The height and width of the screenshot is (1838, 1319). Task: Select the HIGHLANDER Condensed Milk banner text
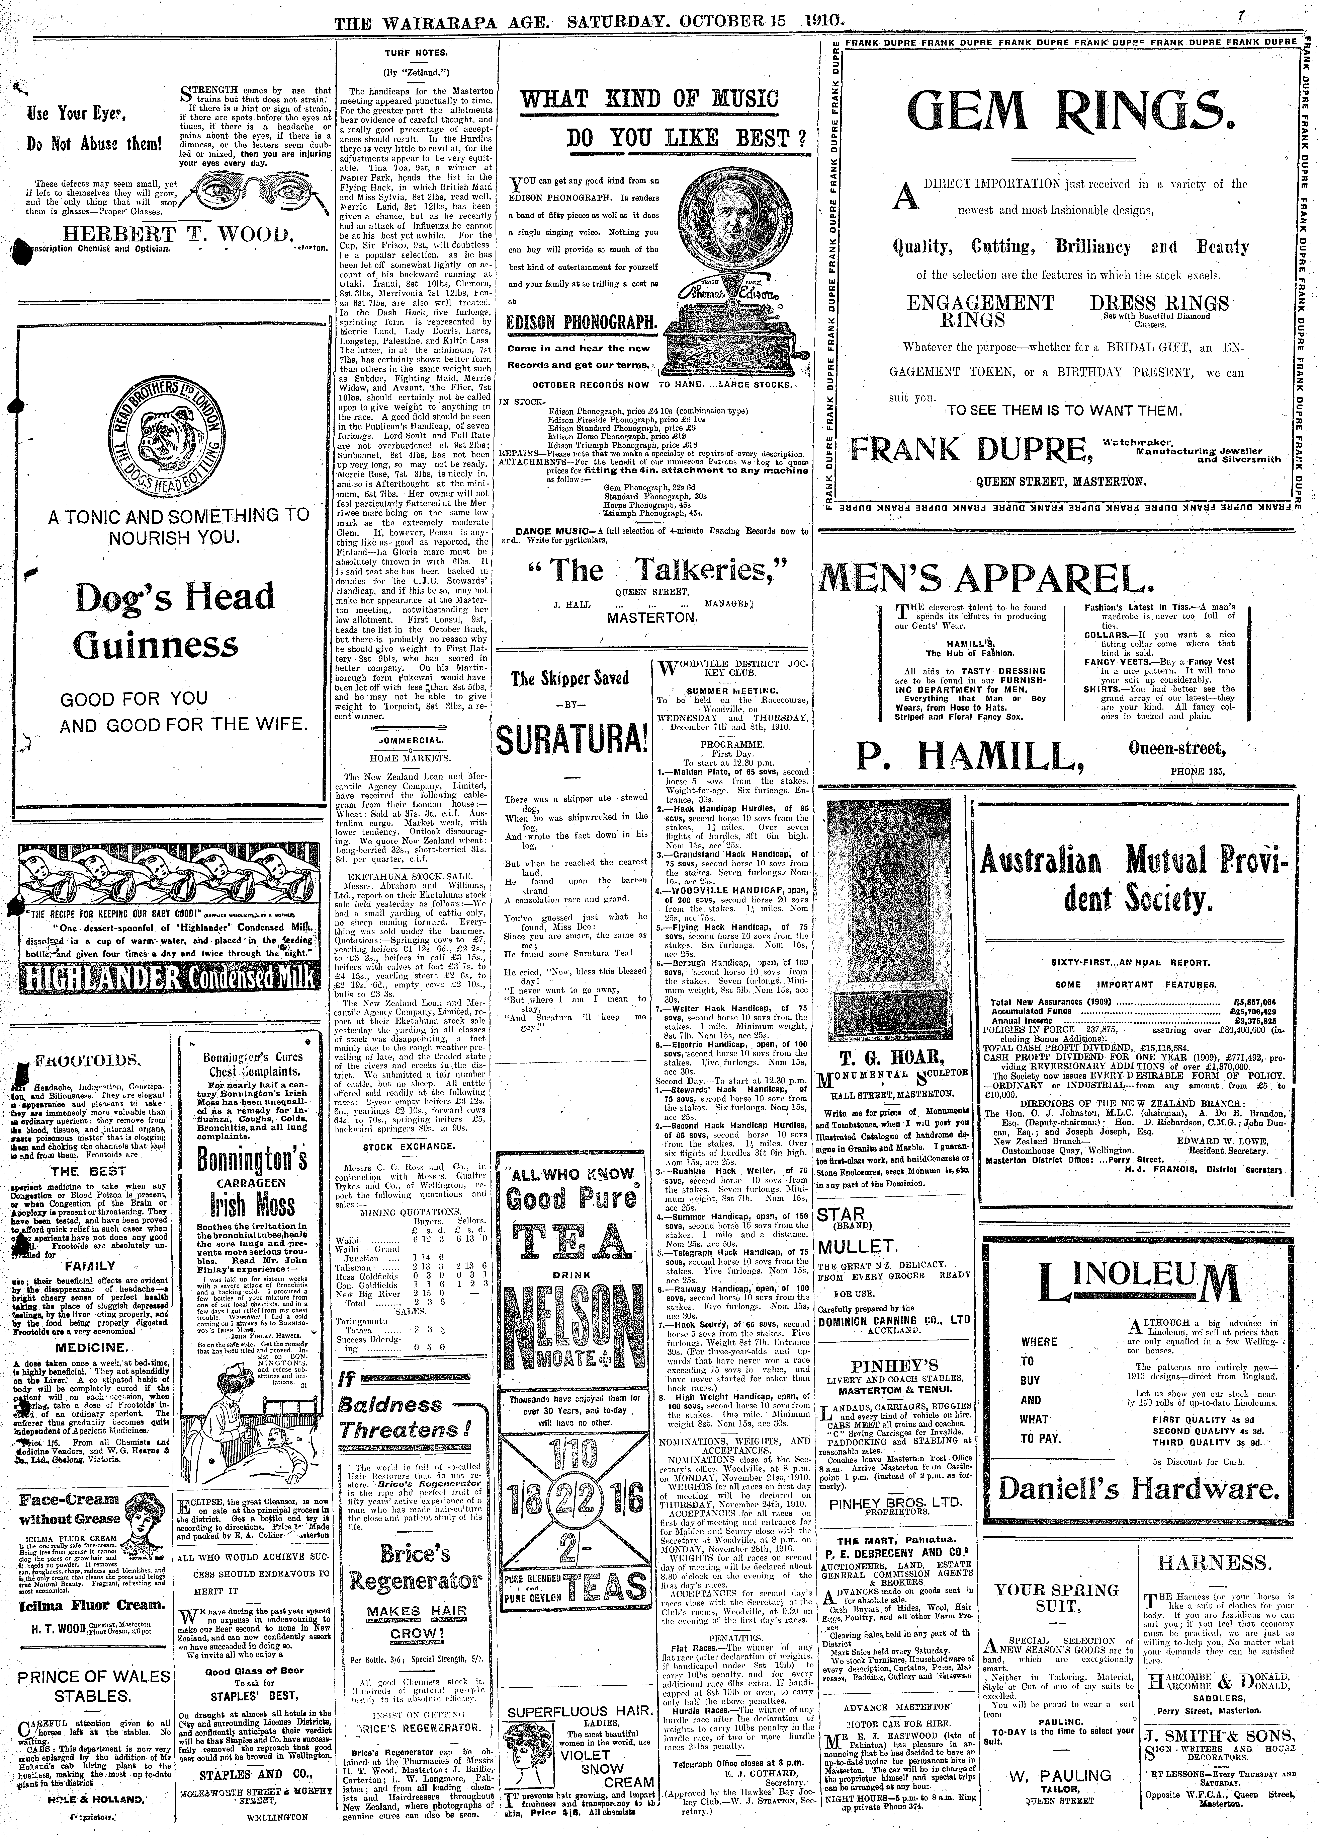click(x=169, y=979)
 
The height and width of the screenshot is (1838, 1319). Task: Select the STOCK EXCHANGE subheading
click(x=412, y=1147)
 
